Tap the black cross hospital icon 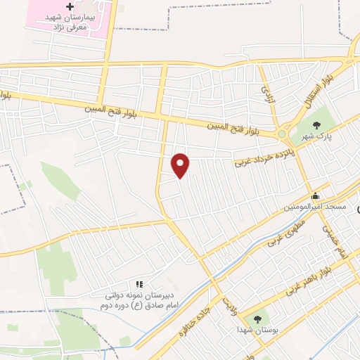pos(69,6)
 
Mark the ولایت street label pos(229,304)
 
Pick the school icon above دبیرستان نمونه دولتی pos(139,283)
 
